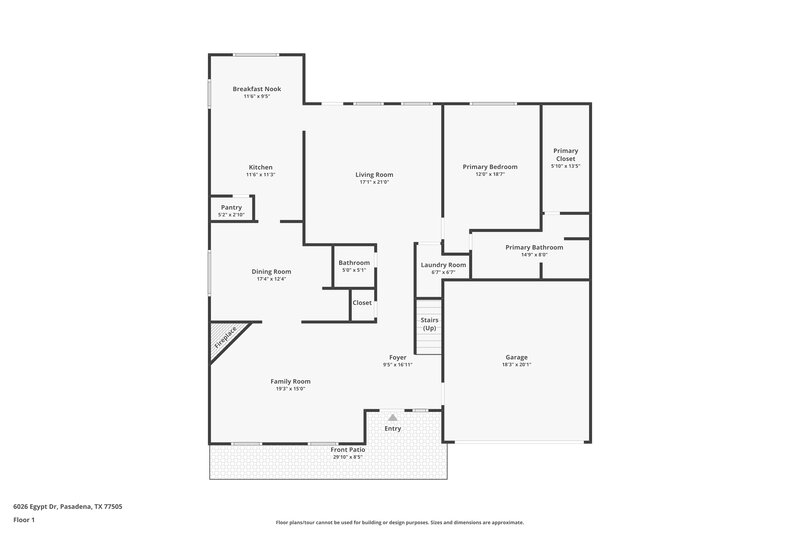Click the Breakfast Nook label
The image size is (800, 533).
click(x=257, y=89)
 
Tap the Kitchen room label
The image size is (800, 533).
click(x=260, y=167)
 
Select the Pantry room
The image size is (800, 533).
click(x=231, y=210)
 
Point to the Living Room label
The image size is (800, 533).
click(x=374, y=175)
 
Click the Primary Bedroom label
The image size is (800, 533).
click(x=490, y=167)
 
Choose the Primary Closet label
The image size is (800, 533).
click(x=565, y=155)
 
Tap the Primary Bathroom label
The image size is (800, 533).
click(x=534, y=247)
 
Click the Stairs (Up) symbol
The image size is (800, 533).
click(x=429, y=325)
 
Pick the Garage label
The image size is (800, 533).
click(x=516, y=357)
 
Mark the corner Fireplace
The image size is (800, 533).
click(x=225, y=338)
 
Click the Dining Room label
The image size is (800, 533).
click(x=271, y=271)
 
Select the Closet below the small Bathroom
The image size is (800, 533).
click(x=362, y=302)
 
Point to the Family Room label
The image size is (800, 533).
click(x=290, y=381)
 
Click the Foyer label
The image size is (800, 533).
click(x=398, y=357)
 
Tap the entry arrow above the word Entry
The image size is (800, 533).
click(x=393, y=417)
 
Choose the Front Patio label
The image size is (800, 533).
click(x=348, y=450)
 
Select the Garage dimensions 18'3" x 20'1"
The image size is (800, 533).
click(x=516, y=365)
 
